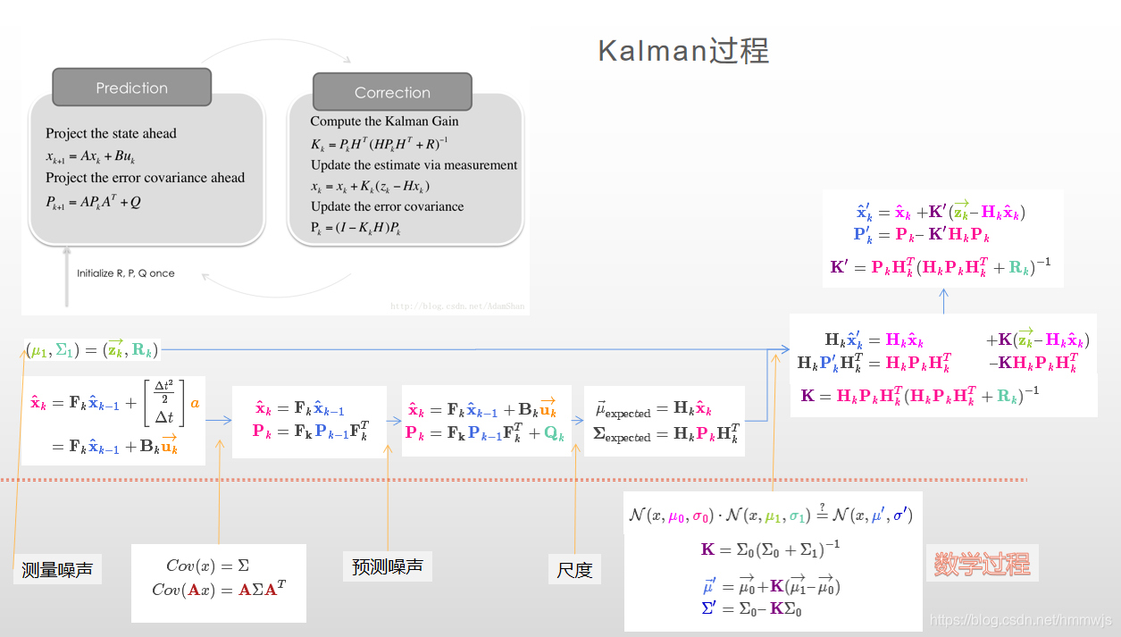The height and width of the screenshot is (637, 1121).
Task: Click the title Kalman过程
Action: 682,51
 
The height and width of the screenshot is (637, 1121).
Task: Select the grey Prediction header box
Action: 131,88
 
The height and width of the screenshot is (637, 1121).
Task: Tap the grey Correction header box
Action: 391,92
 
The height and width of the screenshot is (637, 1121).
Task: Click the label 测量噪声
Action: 57,569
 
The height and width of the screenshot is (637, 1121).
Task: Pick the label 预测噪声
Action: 387,566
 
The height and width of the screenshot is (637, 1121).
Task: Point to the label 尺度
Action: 574,569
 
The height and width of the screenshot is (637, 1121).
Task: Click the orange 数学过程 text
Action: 982,564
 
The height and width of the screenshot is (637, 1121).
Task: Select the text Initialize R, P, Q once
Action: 126,273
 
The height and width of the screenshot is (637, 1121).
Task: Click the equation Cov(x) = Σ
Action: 207,566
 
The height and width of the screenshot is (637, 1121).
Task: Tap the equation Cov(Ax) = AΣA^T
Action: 219,589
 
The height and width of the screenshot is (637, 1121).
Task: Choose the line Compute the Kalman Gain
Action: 384,122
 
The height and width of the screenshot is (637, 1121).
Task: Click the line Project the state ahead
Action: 111,134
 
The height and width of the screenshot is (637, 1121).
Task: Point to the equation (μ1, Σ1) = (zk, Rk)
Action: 92,349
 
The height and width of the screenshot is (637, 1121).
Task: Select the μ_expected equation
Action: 653,410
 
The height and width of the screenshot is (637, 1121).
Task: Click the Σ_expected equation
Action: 665,434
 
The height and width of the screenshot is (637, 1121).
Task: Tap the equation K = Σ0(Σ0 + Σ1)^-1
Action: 770,549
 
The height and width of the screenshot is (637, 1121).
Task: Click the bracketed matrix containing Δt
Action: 163,402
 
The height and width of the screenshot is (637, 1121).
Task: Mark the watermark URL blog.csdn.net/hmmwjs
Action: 1020,619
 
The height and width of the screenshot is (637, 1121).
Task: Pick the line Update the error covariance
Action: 387,206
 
